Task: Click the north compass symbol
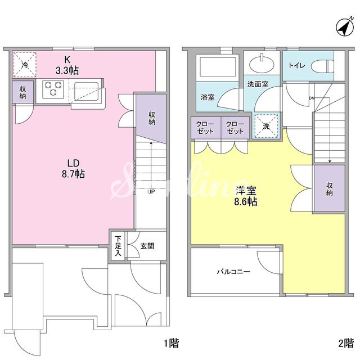coord(345,27)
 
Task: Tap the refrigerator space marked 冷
coord(25,65)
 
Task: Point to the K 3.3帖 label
coord(67,65)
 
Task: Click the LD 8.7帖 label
coord(73,169)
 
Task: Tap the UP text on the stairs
coord(151,191)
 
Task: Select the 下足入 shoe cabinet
coord(118,246)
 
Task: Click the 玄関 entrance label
coord(147,246)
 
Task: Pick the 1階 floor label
coord(171,343)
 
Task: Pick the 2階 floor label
coord(346,343)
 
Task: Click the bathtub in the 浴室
coord(218,67)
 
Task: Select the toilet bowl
coord(322,66)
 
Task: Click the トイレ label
coord(297,66)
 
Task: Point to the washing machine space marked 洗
coord(266,125)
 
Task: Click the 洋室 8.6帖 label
coord(246,196)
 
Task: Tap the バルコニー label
coord(233,272)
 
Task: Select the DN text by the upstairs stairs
coord(312,98)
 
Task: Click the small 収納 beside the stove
coord(22,92)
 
